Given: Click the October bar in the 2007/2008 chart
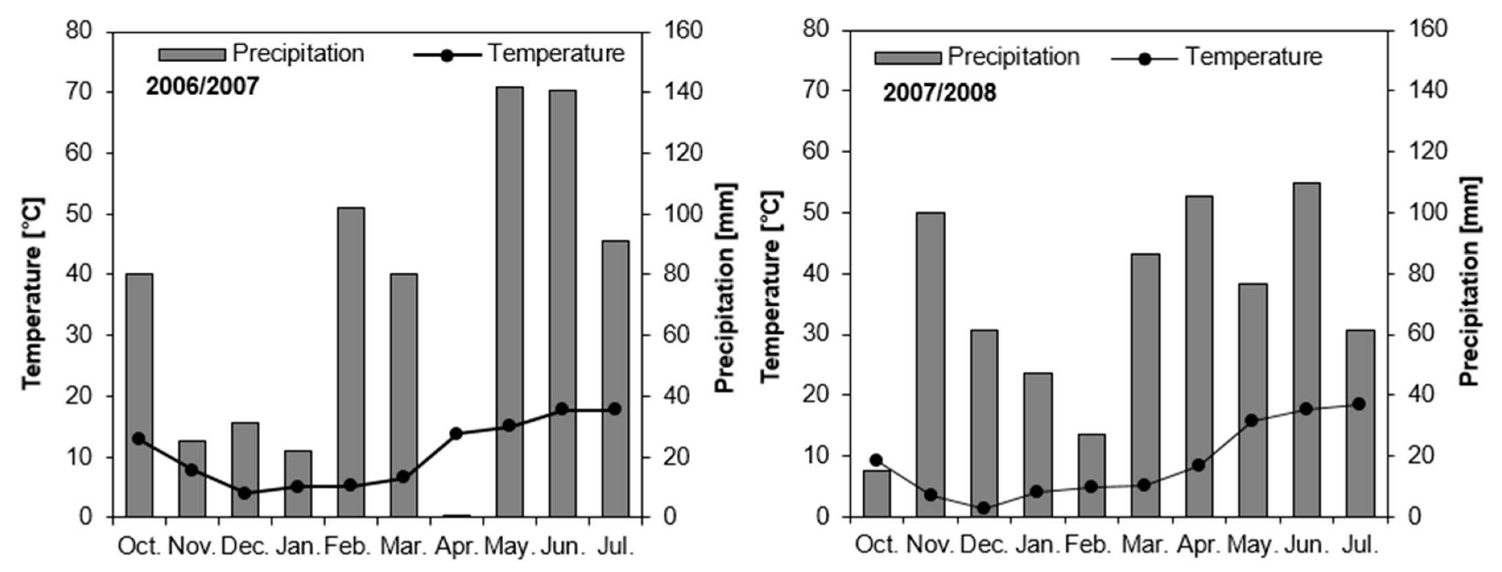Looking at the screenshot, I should point(876,493).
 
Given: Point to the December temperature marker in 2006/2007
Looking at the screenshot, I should point(244,493).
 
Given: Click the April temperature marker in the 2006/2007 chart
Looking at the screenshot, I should point(455,433).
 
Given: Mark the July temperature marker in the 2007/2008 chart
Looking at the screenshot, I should point(1359,404).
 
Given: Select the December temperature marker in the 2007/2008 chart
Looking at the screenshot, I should point(983,508).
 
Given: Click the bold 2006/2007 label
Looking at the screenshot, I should point(203,87).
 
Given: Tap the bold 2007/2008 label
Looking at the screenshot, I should point(939,92).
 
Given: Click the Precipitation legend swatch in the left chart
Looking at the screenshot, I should point(192,54).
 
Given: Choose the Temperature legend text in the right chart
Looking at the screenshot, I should point(1253,57).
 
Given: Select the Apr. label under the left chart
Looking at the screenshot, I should point(456,547).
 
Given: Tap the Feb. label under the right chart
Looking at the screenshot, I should point(1089,545).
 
